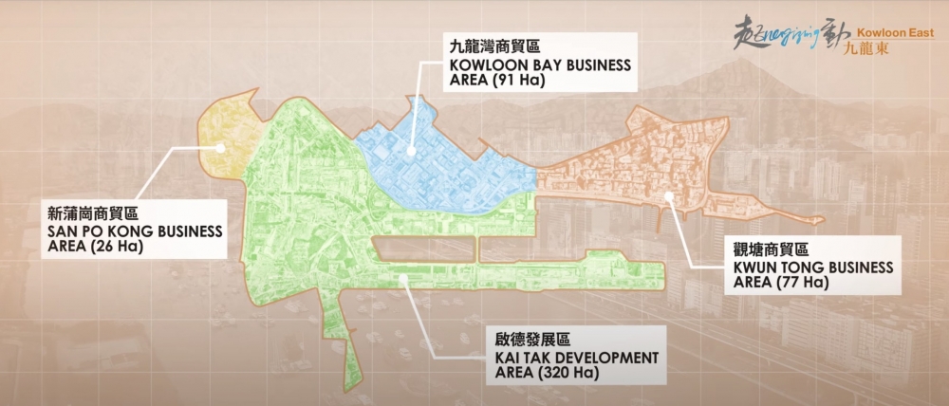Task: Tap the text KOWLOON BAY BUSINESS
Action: tap(527, 65)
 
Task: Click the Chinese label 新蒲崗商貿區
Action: tap(92, 214)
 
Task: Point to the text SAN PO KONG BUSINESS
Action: tap(134, 232)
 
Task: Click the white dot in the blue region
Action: tap(411, 151)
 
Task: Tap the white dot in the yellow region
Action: tap(219, 147)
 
